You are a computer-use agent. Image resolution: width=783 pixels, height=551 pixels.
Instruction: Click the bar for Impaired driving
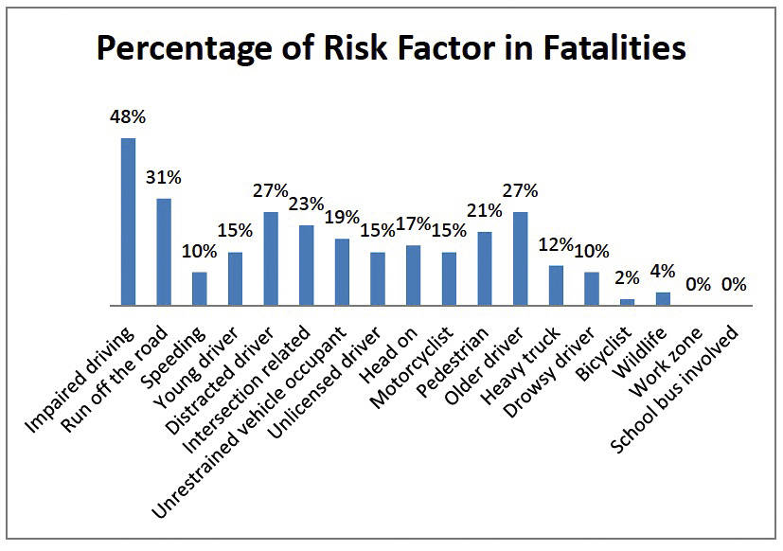(128, 222)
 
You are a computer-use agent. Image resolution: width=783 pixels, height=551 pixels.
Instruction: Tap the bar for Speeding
(199, 289)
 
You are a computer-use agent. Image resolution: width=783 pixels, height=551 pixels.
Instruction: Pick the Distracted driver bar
(271, 258)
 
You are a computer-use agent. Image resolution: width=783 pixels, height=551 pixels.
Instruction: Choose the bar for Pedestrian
(485, 269)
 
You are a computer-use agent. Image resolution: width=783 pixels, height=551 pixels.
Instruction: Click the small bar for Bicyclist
(627, 302)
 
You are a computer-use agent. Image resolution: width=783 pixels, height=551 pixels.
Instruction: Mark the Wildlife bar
(663, 299)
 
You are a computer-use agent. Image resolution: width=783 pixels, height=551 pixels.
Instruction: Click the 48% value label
(128, 119)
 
